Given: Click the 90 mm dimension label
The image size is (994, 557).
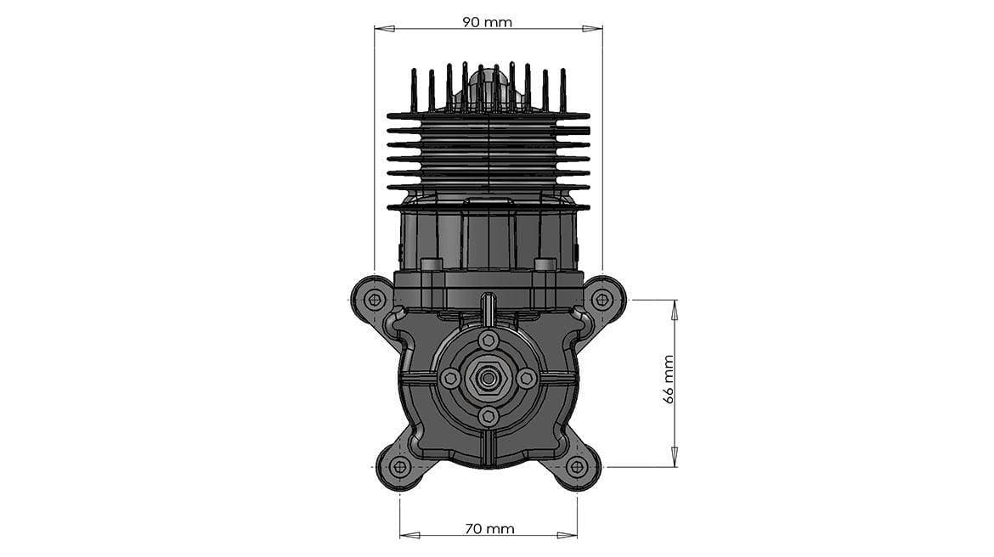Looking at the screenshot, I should tap(487, 22).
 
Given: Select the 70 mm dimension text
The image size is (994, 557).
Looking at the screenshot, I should tap(489, 528).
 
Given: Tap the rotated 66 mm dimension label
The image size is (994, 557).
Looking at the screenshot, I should tap(669, 379).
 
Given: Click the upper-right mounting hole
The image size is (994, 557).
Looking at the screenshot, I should tap(603, 299).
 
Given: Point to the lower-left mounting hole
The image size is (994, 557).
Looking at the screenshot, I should tap(399, 467).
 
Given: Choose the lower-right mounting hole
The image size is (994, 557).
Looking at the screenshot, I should tap(577, 467).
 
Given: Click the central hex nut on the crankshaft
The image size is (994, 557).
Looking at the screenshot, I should tap(488, 379).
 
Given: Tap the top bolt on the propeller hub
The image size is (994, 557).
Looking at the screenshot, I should tap(488, 340).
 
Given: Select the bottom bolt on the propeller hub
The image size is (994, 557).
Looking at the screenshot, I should tap(488, 416).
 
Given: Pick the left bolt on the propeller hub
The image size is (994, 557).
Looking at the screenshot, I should tap(450, 379).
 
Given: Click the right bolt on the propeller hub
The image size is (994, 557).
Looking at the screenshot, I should tap(526, 379).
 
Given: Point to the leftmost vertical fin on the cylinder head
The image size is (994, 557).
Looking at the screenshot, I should tap(415, 90).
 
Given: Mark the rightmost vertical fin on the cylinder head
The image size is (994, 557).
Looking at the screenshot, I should tap(562, 90).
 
